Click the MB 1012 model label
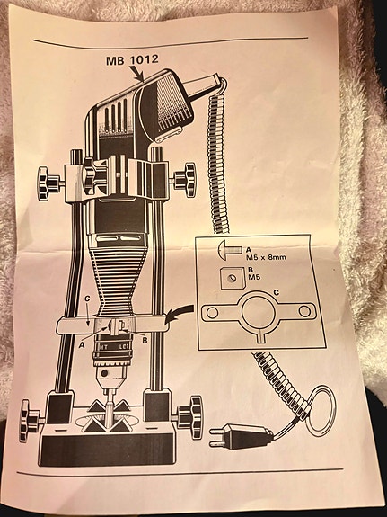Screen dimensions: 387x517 point(132,60)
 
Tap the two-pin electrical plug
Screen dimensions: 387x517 point(242,437)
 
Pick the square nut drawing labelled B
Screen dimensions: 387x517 point(233,278)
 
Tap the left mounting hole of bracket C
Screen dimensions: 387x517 point(212,312)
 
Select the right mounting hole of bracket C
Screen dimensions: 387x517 point(304,311)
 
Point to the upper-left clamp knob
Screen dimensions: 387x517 point(48,183)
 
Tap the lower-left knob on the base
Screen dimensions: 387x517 point(30,421)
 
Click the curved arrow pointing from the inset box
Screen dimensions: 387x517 point(180,313)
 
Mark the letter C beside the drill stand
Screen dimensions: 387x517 point(87,299)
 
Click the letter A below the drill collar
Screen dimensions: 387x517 point(82,345)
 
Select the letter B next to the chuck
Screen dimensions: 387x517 point(145,341)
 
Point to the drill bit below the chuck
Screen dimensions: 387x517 point(109,408)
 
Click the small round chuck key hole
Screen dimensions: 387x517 point(105,373)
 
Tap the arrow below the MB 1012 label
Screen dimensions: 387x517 point(136,73)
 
